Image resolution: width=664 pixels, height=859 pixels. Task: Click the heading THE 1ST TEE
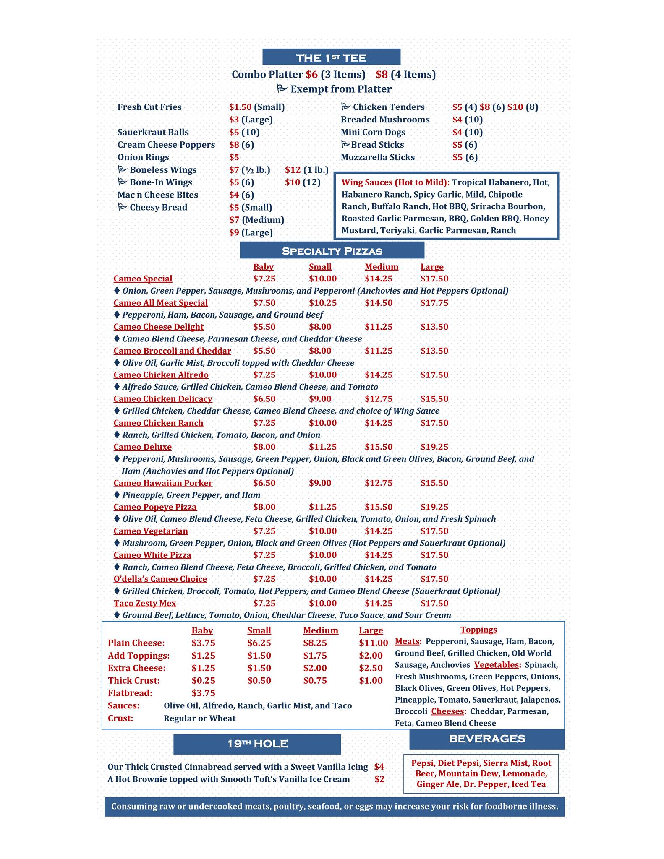pyautogui.click(x=331, y=57)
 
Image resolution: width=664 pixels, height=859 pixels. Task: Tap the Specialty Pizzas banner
pyautogui.click(x=332, y=251)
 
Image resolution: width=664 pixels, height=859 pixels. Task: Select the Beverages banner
pyautogui.click(x=487, y=739)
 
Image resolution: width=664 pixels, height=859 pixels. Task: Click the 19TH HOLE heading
pyautogui.click(x=257, y=744)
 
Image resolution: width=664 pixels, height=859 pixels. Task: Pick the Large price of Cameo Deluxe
pyautogui.click(x=434, y=447)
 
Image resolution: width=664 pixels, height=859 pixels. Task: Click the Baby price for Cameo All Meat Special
pyautogui.click(x=264, y=303)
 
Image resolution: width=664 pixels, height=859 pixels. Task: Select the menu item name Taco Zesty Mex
pyautogui.click(x=145, y=603)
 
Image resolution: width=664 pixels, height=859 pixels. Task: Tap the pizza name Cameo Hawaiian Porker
pyautogui.click(x=163, y=483)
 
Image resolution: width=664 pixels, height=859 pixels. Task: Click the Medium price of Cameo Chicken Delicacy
pyautogui.click(x=378, y=399)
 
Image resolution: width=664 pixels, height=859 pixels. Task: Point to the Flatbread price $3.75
pyautogui.click(x=203, y=693)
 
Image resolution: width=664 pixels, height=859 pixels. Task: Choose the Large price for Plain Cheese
pyautogui.click(x=373, y=643)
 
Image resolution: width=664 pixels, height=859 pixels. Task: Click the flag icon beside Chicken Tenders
pyautogui.click(x=345, y=107)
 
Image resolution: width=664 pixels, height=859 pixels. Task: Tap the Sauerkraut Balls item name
pyautogui.click(x=153, y=132)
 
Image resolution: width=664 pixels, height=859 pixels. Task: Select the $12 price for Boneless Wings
pyautogui.click(x=293, y=170)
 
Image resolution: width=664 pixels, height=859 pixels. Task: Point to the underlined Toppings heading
pyautogui.click(x=478, y=630)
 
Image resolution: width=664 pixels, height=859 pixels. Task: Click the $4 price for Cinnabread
pyautogui.click(x=379, y=767)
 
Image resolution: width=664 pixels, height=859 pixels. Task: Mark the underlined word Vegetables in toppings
pyautogui.click(x=497, y=665)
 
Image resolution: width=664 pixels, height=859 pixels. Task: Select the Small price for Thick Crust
pyautogui.click(x=259, y=680)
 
